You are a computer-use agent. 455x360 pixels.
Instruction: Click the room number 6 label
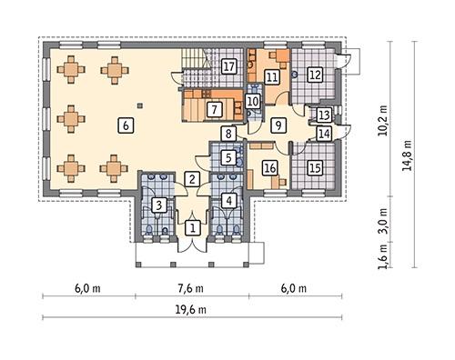[x=126, y=125]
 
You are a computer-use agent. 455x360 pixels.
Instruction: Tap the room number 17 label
[x=228, y=66]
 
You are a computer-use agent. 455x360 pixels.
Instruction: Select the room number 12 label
[x=315, y=75]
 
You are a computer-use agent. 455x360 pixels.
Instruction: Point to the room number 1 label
[x=193, y=227]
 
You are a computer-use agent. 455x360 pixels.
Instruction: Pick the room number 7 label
[x=215, y=109]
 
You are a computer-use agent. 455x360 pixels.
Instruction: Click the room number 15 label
[x=316, y=167]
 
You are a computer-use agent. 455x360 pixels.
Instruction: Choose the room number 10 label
[x=252, y=101]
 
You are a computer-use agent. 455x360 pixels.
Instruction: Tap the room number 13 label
[x=324, y=115]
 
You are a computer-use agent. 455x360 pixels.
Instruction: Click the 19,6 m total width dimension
[x=191, y=310]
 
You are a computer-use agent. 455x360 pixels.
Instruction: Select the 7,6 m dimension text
[x=191, y=288]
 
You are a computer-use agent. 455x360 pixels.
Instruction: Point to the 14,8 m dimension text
[x=407, y=155]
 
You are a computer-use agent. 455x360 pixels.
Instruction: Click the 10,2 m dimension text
[x=383, y=121]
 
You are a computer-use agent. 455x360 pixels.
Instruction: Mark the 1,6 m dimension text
[x=383, y=256]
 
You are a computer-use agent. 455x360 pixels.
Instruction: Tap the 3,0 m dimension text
[x=383, y=220]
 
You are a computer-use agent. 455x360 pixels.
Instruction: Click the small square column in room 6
[x=139, y=105]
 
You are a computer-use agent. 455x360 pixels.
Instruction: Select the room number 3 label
[x=158, y=205]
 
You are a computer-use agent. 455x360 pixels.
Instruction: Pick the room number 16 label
[x=270, y=167]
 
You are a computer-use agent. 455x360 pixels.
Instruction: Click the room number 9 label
[x=278, y=125]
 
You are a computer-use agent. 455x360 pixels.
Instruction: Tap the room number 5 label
[x=228, y=157]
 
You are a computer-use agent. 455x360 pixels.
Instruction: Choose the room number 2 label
[x=192, y=179]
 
